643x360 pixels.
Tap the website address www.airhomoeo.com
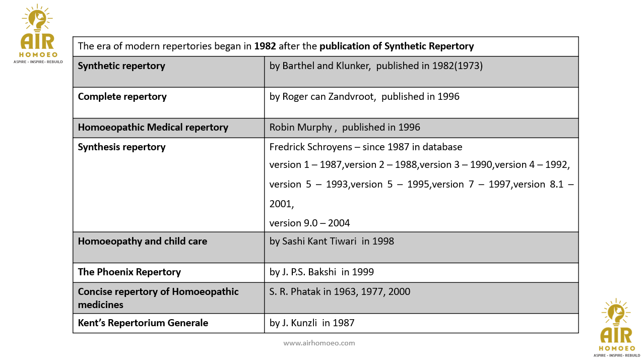[319, 343]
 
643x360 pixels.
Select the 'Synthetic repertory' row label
[121, 66]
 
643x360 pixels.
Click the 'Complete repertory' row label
[122, 97]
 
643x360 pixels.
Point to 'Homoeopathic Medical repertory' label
[153, 128]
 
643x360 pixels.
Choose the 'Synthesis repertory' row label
[121, 147]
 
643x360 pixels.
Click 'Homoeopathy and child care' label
[142, 242]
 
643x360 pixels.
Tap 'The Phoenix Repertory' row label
[129, 272]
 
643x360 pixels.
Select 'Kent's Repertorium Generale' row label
[143, 323]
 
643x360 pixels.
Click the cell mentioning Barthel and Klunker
[376, 66]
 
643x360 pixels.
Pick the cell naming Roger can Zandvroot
[364, 97]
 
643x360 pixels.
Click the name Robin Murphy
[300, 128]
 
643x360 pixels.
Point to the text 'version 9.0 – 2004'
[309, 223]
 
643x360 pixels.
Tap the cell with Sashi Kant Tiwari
[332, 242]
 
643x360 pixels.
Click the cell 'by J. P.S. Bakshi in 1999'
[321, 272]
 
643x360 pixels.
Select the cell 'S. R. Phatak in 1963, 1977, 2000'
[340, 292]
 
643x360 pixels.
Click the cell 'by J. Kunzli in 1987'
[312, 323]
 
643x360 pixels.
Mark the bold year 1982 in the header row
[265, 46]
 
